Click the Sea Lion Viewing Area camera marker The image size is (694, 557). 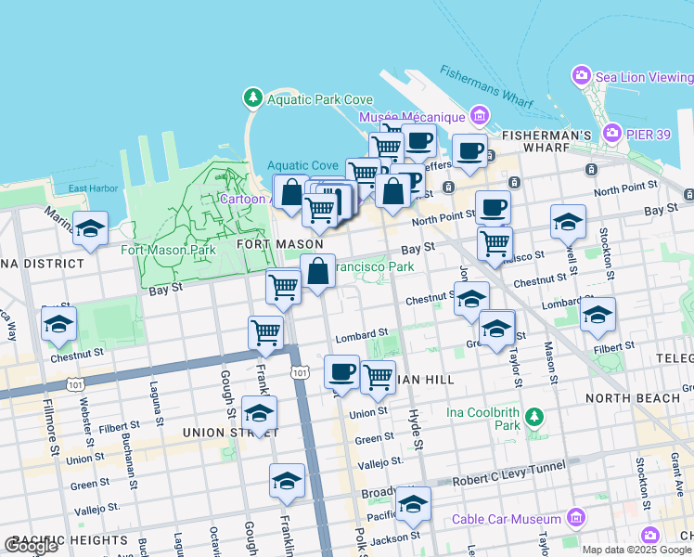582,74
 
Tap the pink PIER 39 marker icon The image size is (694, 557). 611,134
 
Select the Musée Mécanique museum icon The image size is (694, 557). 480,117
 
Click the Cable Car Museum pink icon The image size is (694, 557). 574,518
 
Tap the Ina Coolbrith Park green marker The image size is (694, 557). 533,417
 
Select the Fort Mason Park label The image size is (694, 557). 168,250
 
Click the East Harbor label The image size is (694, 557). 93,188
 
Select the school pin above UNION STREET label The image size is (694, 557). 259,412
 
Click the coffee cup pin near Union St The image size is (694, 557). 341,372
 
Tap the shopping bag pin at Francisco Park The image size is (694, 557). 317,272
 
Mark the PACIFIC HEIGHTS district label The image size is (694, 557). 70,540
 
